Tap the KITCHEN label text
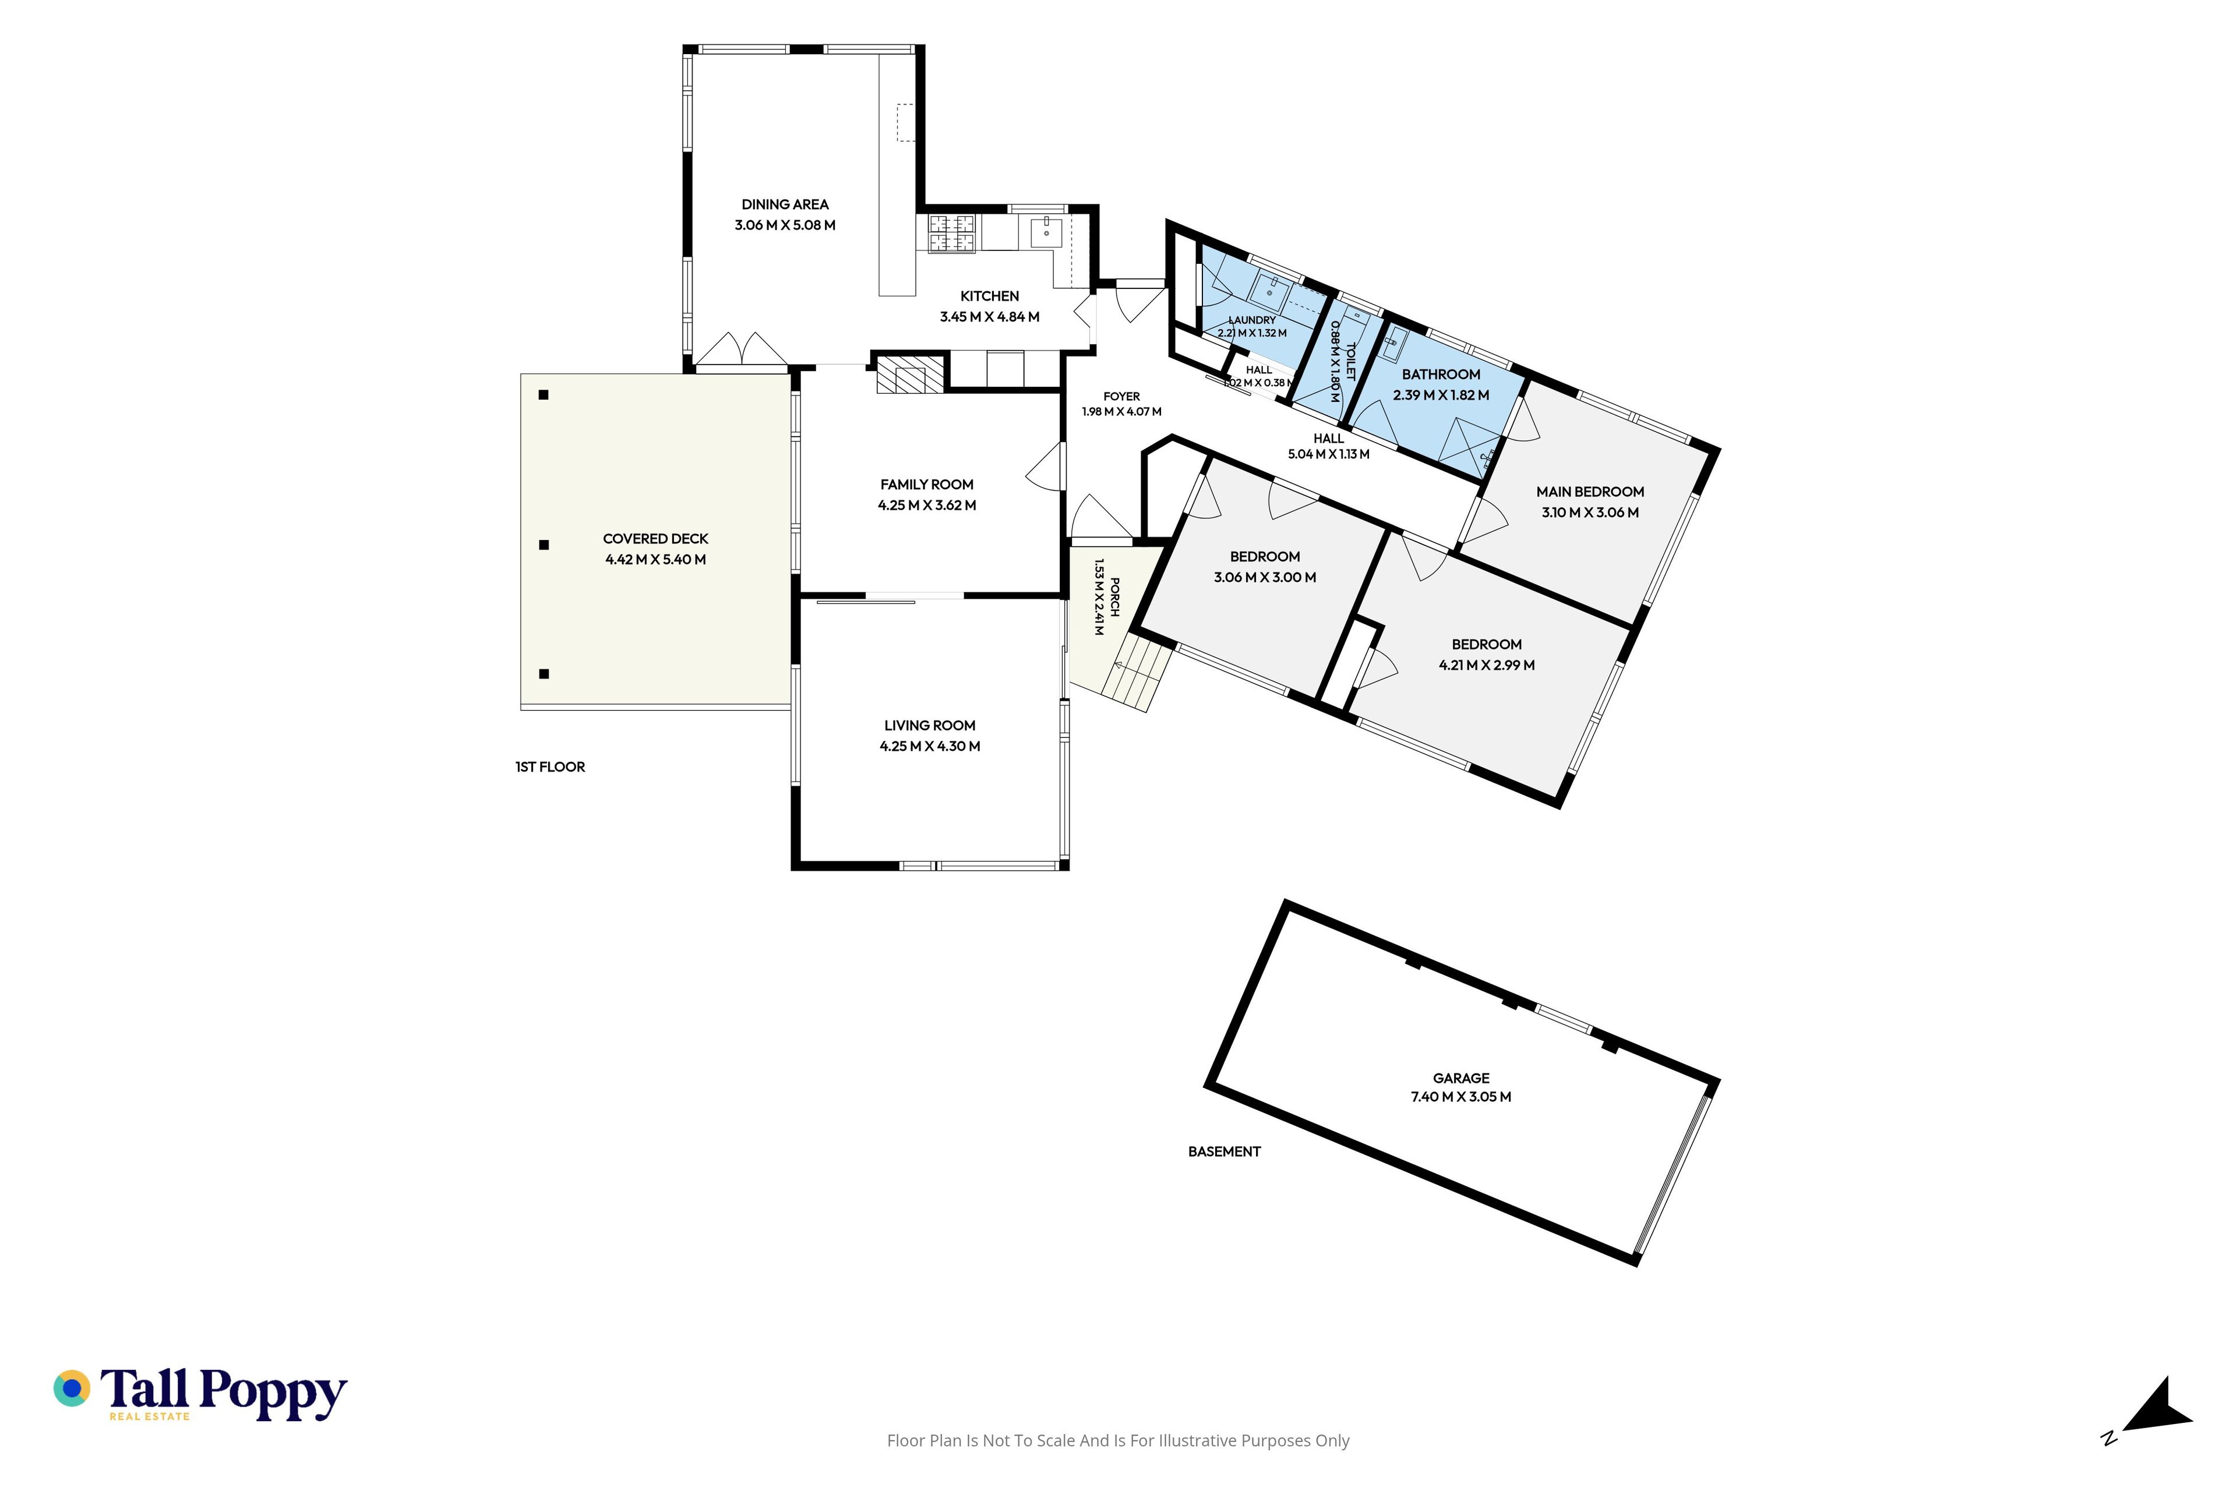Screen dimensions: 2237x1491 click(x=989, y=296)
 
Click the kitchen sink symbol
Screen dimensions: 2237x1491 click(x=1045, y=232)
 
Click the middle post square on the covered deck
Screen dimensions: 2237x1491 click(x=544, y=545)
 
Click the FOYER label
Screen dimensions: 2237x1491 click(x=1121, y=397)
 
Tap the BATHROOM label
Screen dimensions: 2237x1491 click(x=1440, y=374)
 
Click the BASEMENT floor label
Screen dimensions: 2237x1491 click(x=1224, y=1151)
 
